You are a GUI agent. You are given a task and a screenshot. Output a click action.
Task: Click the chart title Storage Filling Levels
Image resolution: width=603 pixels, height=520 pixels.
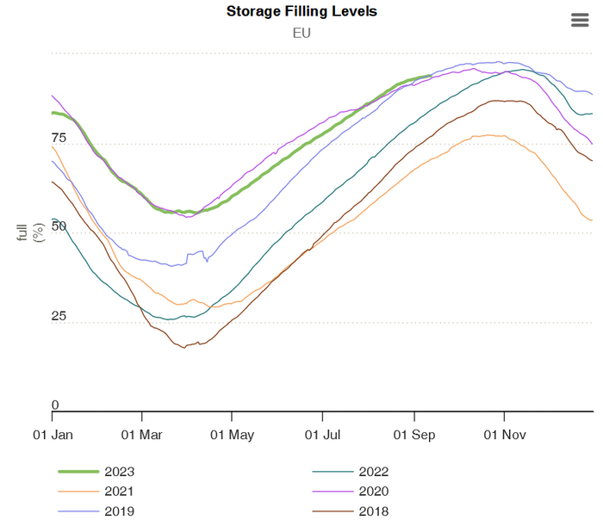(x=301, y=12)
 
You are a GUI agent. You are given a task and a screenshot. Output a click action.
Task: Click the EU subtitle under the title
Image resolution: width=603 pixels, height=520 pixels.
(x=301, y=34)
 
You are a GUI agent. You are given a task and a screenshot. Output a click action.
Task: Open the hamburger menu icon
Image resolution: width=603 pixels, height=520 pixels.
(x=580, y=21)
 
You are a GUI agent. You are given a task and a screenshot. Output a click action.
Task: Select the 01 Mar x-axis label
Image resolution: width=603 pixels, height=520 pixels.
(x=142, y=435)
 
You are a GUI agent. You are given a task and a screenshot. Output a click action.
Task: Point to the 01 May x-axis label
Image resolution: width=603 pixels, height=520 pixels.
(x=232, y=435)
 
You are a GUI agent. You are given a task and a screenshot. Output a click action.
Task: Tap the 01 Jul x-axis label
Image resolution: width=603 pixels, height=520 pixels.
(x=322, y=435)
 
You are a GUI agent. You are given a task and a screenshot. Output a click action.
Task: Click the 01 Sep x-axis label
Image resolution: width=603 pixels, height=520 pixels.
(x=413, y=435)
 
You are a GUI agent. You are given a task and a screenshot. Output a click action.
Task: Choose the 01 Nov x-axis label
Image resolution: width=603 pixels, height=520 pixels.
(x=503, y=435)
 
